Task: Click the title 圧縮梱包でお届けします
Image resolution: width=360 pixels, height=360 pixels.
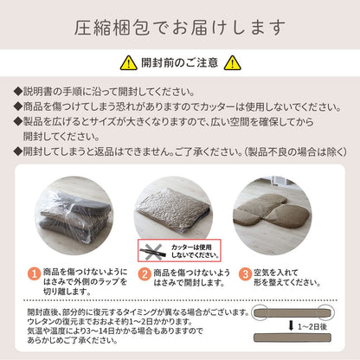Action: (179, 29)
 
